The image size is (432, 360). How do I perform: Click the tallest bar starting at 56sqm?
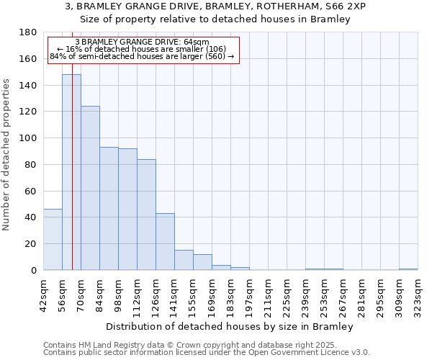(x=71, y=173)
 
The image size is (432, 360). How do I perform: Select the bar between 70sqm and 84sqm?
(x=90, y=187)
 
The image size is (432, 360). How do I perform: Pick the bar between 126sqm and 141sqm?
(x=165, y=241)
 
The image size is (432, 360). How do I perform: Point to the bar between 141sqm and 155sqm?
(x=184, y=260)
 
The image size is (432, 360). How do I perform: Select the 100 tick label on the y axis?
(x=28, y=138)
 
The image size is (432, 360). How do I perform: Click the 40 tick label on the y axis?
(x=31, y=217)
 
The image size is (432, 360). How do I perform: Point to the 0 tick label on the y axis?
(x=33, y=270)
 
